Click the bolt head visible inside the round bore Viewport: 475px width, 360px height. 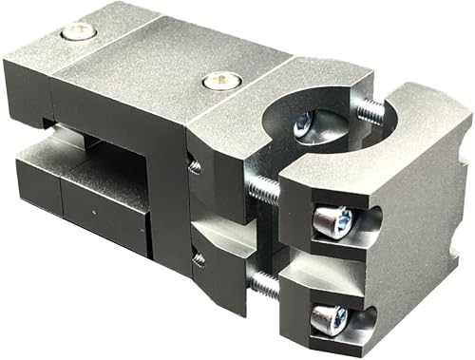click(x=303, y=123)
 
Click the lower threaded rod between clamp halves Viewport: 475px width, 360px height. click(x=266, y=283)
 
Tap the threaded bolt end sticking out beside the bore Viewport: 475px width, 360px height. click(x=373, y=108)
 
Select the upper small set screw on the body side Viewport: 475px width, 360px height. click(x=195, y=167)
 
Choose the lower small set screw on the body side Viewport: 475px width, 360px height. click(x=199, y=256)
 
